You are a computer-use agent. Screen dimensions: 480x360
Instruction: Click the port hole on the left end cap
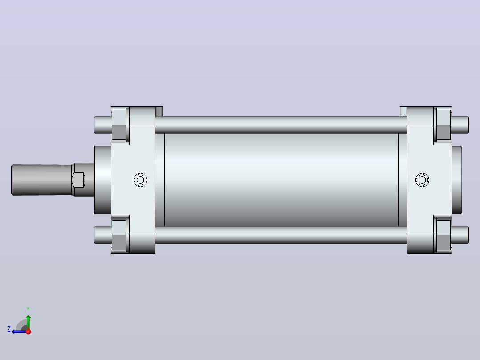click(141, 180)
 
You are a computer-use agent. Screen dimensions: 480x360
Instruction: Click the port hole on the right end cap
click(423, 180)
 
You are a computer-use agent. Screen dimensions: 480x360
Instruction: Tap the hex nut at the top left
click(119, 125)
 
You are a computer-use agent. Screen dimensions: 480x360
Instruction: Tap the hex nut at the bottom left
click(119, 235)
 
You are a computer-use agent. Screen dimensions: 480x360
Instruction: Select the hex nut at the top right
click(443, 125)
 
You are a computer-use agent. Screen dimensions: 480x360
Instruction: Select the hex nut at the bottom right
click(443, 235)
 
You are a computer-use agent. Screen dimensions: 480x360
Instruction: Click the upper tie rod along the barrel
click(281, 125)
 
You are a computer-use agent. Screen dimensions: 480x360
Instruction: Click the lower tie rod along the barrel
click(281, 235)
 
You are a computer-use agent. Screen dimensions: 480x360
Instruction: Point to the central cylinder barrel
click(281, 180)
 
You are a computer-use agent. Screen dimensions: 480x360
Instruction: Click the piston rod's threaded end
click(42, 180)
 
